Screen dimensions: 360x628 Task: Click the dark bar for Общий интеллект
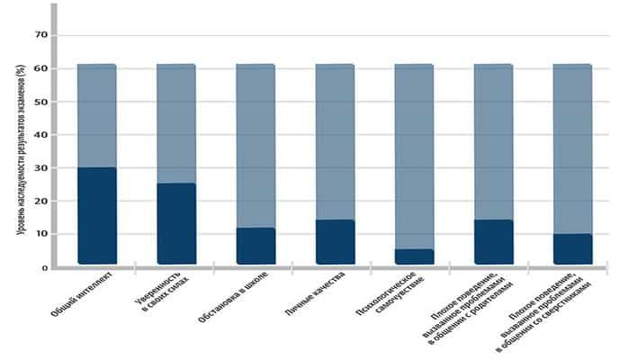96,216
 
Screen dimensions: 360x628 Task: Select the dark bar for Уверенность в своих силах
175,224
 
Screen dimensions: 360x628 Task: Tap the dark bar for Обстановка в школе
255,246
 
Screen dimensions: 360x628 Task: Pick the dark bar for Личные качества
335,242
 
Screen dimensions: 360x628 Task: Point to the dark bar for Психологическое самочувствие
414,256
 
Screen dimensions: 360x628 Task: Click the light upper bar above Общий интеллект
96,115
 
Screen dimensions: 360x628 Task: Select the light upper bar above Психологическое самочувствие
414,157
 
